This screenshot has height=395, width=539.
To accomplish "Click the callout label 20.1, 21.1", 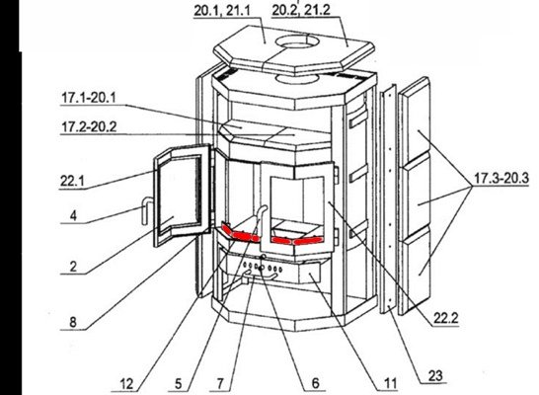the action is (222, 10).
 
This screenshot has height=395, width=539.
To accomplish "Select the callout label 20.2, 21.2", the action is (301, 10).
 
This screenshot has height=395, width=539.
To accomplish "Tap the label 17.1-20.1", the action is (89, 98).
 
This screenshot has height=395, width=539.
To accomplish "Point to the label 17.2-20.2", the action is (89, 127).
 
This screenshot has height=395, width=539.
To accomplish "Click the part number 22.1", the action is (72, 181).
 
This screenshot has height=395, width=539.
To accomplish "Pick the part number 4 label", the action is (73, 216).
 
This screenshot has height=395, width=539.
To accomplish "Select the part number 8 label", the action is (73, 322).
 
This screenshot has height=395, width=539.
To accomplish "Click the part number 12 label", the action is (126, 384).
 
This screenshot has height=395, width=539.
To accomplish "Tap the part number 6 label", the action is (315, 383).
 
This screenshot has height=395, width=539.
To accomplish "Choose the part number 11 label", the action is (390, 383).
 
